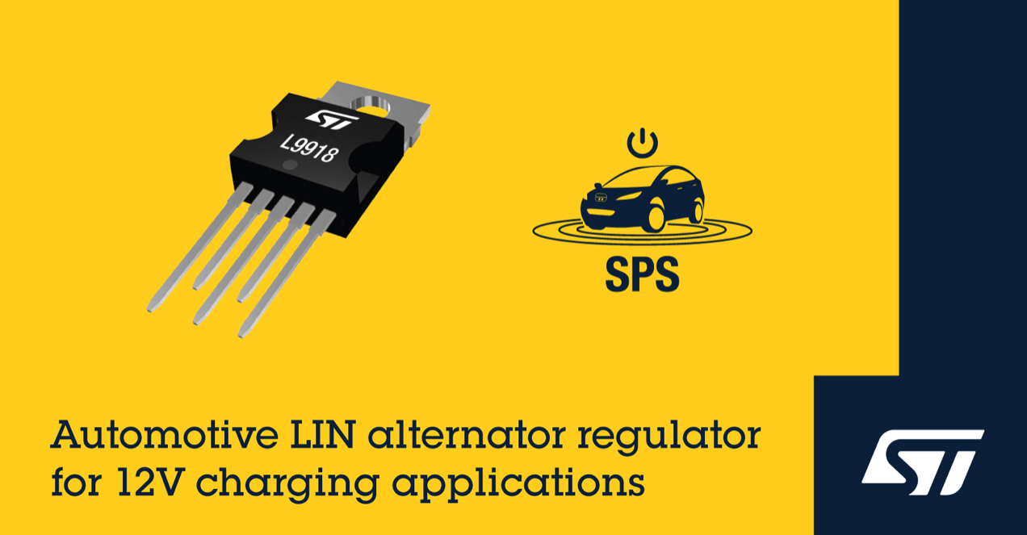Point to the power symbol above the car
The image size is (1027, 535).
[x=643, y=143]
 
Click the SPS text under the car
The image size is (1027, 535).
[x=642, y=274]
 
